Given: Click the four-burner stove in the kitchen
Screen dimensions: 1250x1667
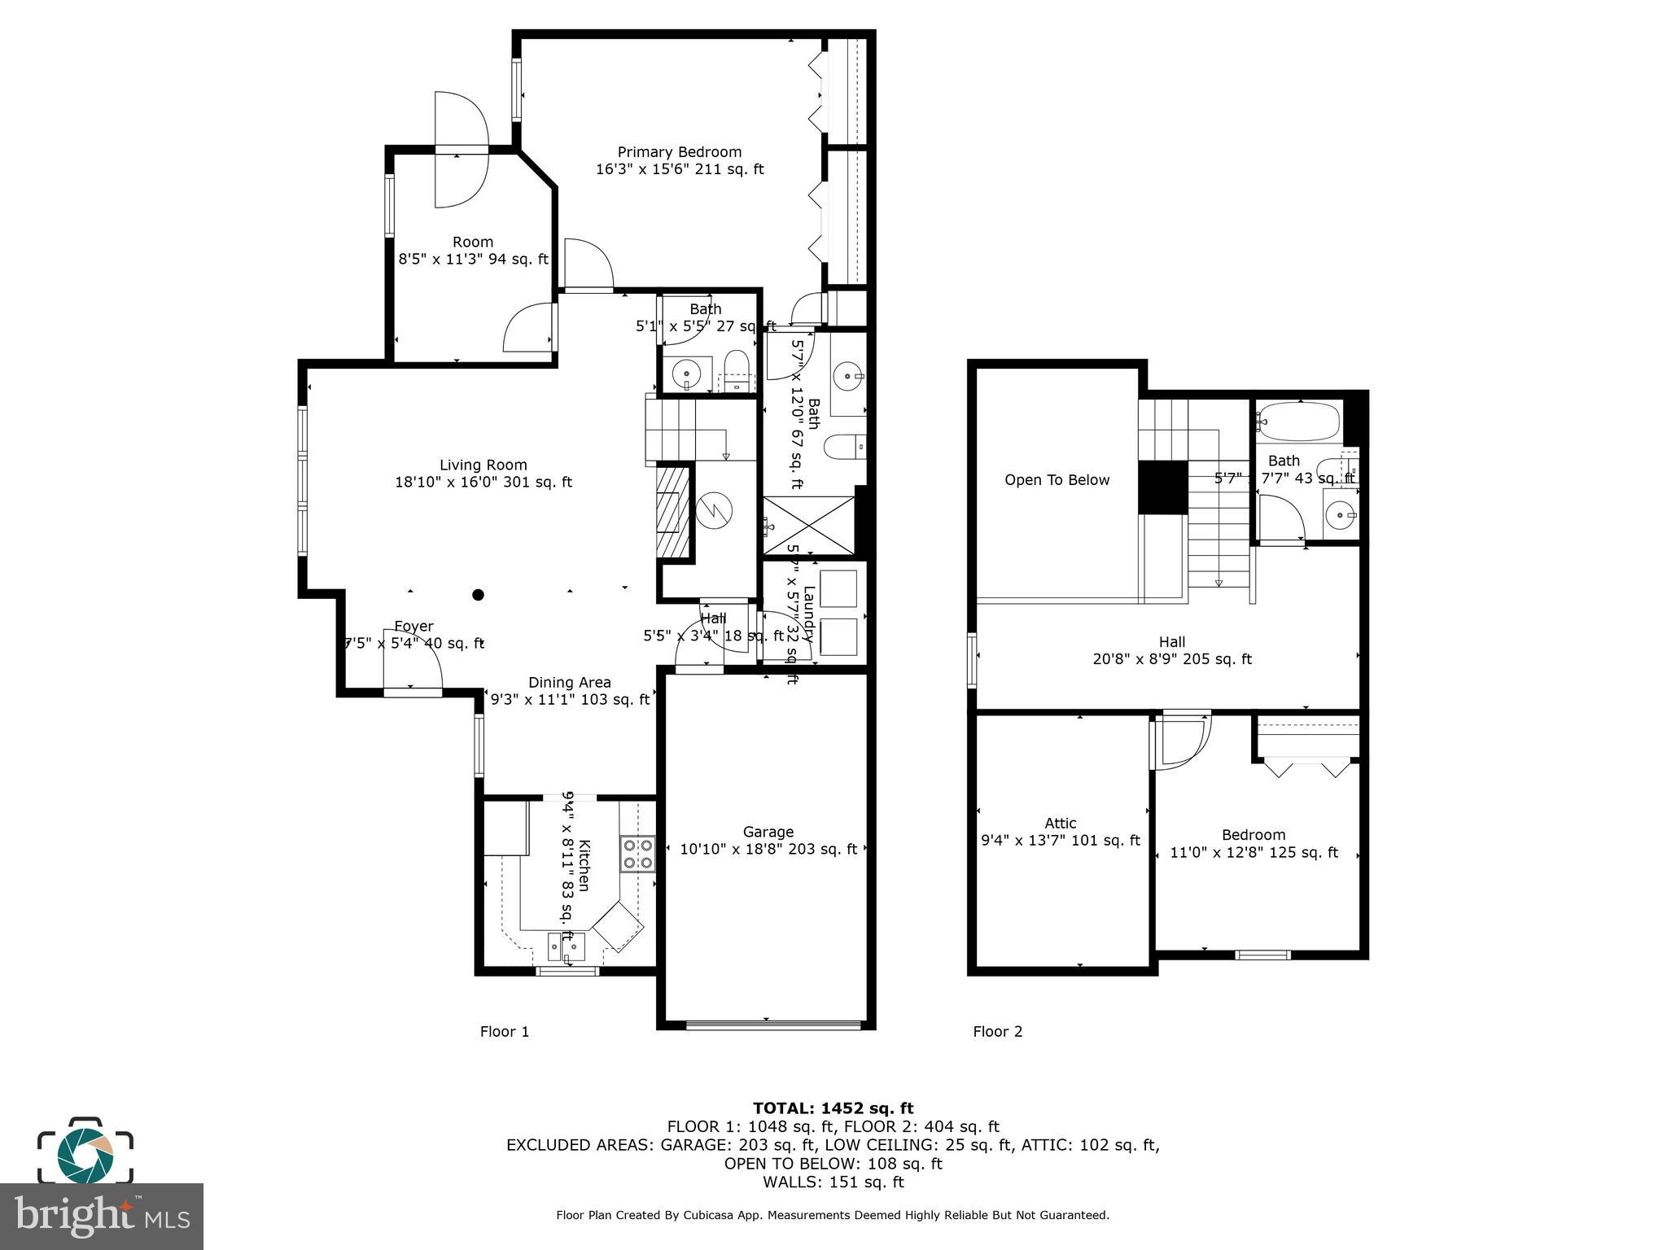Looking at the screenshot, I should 637,854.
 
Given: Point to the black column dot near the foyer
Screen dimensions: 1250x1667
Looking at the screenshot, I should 479,595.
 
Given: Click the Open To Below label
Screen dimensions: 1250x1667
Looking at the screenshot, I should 1057,480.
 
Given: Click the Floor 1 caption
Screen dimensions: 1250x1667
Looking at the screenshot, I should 504,1032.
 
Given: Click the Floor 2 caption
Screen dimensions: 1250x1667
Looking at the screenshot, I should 997,1032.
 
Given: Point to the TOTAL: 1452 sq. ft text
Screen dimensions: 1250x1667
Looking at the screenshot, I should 833,1108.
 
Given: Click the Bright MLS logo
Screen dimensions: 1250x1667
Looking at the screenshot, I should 101,1216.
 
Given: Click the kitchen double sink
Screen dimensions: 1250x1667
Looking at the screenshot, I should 566,946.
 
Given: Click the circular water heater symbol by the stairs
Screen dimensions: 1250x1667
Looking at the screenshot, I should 714,511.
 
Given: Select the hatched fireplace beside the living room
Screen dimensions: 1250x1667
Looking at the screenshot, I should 673,511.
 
